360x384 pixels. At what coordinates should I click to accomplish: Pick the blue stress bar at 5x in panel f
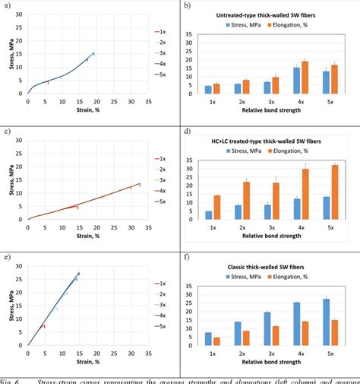(326, 323)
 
